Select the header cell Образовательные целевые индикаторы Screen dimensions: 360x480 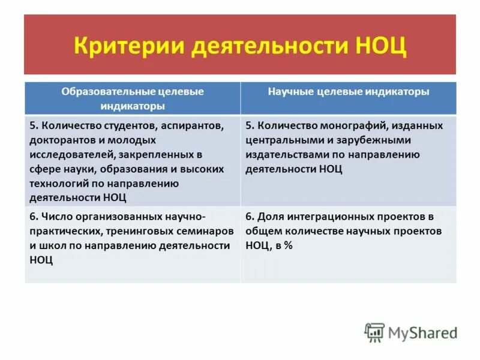click(x=133, y=98)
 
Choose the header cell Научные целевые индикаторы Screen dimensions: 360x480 click(x=348, y=92)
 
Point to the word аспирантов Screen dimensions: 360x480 click(x=193, y=125)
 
